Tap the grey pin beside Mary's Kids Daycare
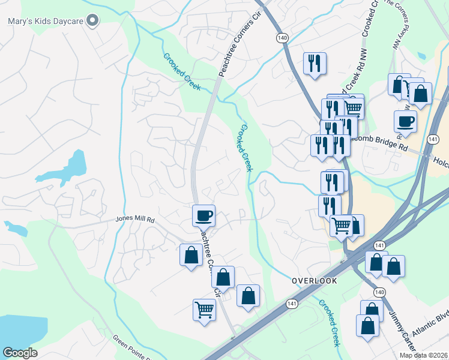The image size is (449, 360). click(92, 22)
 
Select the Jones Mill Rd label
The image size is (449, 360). click(136, 220)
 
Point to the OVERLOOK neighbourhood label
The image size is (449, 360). click(314, 281)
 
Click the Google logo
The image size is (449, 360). click(20, 353)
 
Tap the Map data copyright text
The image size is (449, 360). click(423, 355)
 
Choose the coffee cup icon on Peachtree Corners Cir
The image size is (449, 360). click(203, 214)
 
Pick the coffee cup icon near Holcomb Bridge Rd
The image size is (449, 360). click(406, 121)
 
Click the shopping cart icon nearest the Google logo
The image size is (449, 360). click(204, 310)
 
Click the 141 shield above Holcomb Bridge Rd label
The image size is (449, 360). click(433, 139)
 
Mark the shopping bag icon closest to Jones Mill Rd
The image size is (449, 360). click(191, 255)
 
